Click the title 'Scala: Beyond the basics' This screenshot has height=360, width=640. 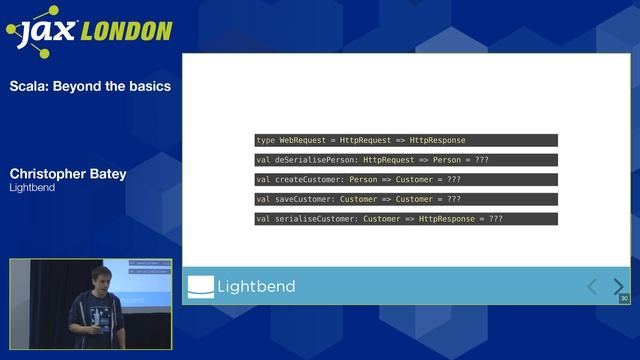coord(90,86)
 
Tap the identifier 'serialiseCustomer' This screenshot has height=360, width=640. coord(314,219)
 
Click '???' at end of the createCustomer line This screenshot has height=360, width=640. coord(454,180)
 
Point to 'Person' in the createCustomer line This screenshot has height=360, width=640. coord(363,180)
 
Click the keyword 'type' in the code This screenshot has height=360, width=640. coord(265,140)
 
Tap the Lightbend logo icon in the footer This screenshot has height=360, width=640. coord(201,287)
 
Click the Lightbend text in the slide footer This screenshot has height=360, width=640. coord(258,287)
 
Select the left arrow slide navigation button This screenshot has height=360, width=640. coord(592,287)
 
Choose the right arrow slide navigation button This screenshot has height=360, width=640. coord(618,287)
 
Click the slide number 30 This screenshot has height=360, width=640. coord(624,298)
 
